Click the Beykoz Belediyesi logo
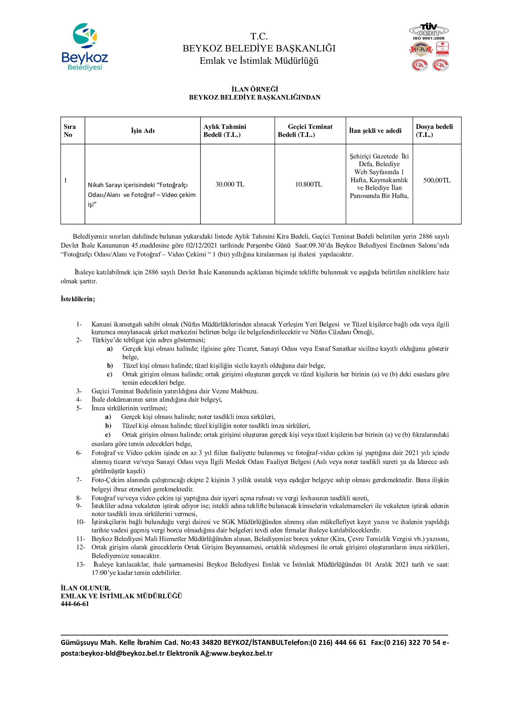pyautogui.click(x=85, y=47)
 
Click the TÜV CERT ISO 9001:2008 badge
pyautogui.click(x=429, y=32)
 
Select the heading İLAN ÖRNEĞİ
pyautogui.click(x=255, y=89)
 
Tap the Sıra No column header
pyautogui.click(x=69, y=131)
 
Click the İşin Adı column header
pyautogui.click(x=142, y=131)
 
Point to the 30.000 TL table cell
pyautogui.click(x=230, y=184)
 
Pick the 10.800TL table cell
pyautogui.click(x=308, y=184)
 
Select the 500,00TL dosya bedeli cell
pyautogui.click(x=437, y=180)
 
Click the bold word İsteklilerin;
pyautogui.click(x=78, y=299)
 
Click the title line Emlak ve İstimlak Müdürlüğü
pyautogui.click(x=259, y=61)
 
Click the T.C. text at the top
pyautogui.click(x=259, y=36)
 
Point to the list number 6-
pyautogui.click(x=79, y=453)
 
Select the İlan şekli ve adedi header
pyautogui.click(x=375, y=131)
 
